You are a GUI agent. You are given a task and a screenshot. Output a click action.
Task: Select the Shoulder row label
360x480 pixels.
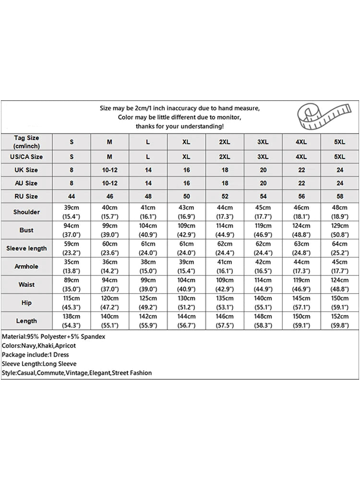coord(26,212)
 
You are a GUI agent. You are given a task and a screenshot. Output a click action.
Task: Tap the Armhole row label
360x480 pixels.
coord(26,266)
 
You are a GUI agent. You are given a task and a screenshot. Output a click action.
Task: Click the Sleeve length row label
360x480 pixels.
coord(26,248)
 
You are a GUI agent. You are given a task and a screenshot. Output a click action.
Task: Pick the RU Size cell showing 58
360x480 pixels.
coord(340,196)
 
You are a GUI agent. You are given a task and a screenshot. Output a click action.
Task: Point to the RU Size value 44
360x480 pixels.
coord(72,196)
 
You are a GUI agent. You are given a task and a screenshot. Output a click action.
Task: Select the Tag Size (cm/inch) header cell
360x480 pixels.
coord(26,142)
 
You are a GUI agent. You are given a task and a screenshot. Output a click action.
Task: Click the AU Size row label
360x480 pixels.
coord(26,183)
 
